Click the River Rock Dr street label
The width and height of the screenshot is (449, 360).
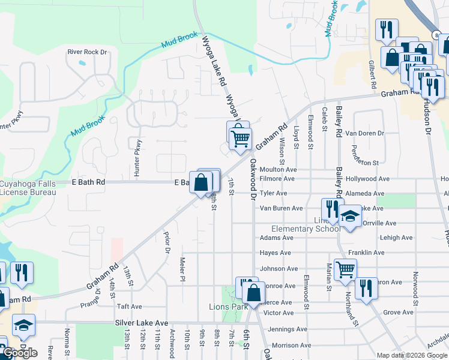[87, 52]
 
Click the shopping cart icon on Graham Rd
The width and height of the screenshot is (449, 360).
[241, 139]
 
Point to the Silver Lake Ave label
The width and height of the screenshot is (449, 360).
[142, 323]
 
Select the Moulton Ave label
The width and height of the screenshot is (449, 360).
[278, 170]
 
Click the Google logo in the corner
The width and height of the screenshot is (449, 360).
[20, 352]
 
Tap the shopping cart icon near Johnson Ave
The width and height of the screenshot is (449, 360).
[345, 269]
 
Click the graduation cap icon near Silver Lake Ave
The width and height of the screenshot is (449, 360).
[23, 325]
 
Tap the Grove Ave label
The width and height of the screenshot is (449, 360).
[398, 313]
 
